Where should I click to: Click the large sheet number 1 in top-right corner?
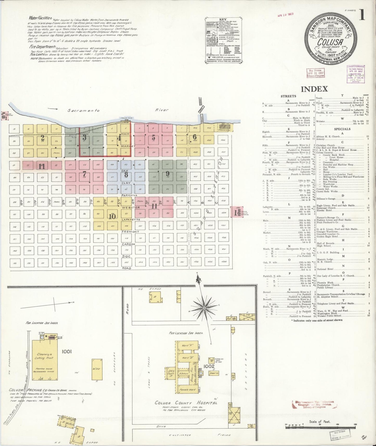pyautogui.click(x=362, y=15)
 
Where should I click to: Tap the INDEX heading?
pyautogui.click(x=314, y=89)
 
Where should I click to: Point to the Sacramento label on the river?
pyautogui.click(x=84, y=110)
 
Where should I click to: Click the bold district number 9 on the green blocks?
pyautogui.click(x=168, y=174)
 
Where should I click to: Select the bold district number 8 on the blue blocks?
pyautogui.click(x=126, y=174)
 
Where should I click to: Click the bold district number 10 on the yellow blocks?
pyautogui.click(x=112, y=216)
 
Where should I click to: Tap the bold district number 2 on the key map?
pyautogui.click(x=42, y=138)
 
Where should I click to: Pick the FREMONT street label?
pyautogui.click(x=130, y=232)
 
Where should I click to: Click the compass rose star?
pyautogui.click(x=204, y=308)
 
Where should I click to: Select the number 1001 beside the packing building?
pyautogui.click(x=67, y=352)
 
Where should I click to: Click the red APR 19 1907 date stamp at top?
pyautogui.click(x=285, y=15)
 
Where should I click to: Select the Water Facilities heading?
pyautogui.click(x=40, y=18)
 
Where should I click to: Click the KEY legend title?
pyautogui.click(x=223, y=19)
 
